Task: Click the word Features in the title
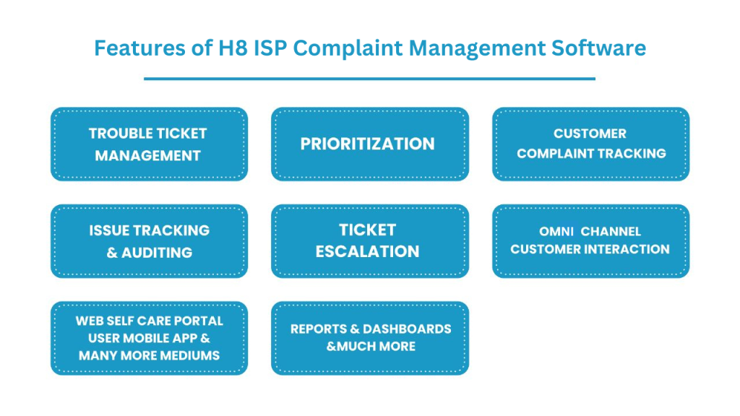pos(139,48)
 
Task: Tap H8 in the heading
pos(233,48)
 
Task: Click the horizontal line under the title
pos(369,79)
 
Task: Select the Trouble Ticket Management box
pos(149,144)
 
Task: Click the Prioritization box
pos(370,144)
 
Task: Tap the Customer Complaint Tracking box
pos(591,144)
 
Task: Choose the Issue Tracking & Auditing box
pos(149,241)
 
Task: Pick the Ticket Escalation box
pos(370,241)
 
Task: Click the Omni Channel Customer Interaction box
pos(591,241)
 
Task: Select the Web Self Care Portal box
pos(149,338)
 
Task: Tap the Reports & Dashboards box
pos(370,338)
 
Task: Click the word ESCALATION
pos(367,251)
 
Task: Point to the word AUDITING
pos(157,253)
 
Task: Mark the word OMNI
pos(556,232)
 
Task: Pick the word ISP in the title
pos(270,48)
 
